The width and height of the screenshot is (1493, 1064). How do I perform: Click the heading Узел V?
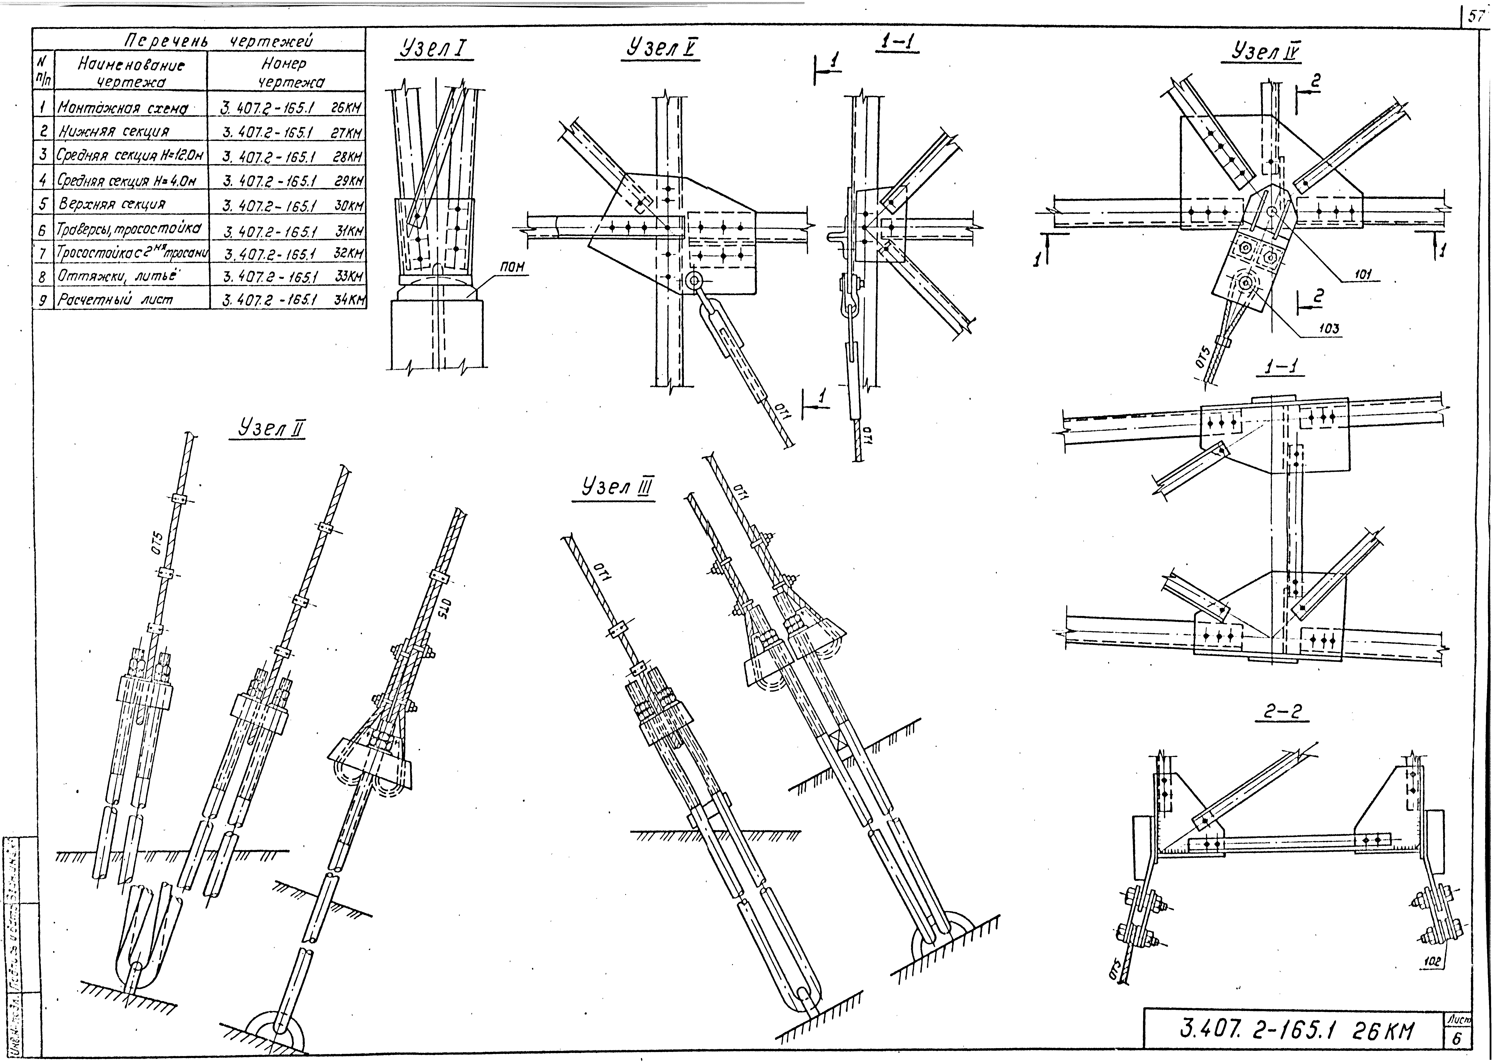[662, 49]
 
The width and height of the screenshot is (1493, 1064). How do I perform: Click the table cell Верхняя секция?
[112, 204]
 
